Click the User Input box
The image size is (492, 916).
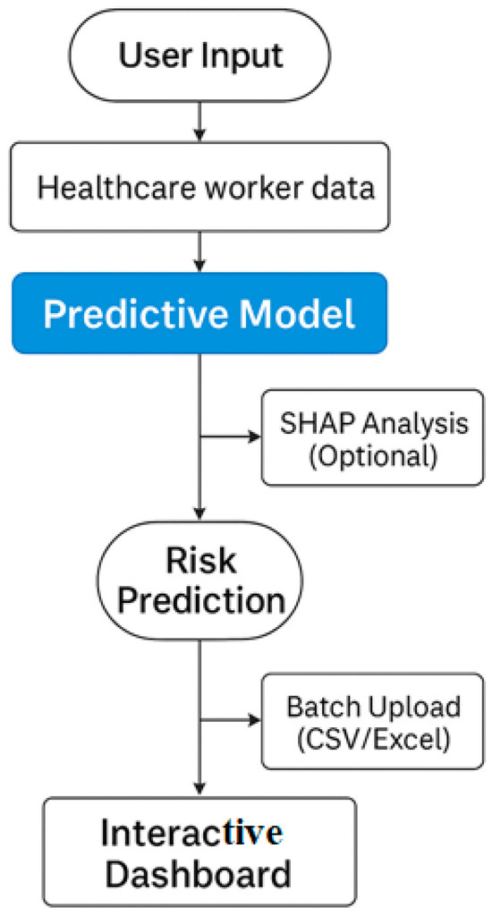click(x=199, y=55)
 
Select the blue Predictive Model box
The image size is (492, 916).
click(x=199, y=313)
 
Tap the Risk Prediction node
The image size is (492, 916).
click(x=199, y=581)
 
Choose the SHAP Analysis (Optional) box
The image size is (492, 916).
click(x=373, y=437)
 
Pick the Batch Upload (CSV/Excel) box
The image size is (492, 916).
click(x=373, y=721)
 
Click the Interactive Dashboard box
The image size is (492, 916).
click(x=199, y=852)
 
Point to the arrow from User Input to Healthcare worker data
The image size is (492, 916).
click(x=199, y=122)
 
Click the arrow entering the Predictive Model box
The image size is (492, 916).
click(x=199, y=251)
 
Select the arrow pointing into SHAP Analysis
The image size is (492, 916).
click(x=230, y=437)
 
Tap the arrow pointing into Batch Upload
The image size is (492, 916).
click(x=230, y=720)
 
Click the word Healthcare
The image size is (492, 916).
click(x=107, y=188)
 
